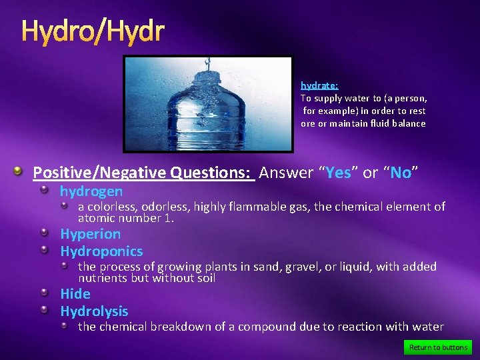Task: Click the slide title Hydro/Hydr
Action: click(x=93, y=31)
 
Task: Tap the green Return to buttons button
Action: click(x=438, y=347)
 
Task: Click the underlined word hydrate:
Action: click(x=319, y=85)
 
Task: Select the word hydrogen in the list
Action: click(x=91, y=191)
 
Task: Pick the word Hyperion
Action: click(x=90, y=234)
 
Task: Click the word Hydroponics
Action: click(x=101, y=251)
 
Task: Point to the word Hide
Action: click(x=75, y=294)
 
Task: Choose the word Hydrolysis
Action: click(x=94, y=311)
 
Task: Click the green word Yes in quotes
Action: click(x=338, y=173)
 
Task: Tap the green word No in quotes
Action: click(x=400, y=173)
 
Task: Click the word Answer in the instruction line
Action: click(x=286, y=173)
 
